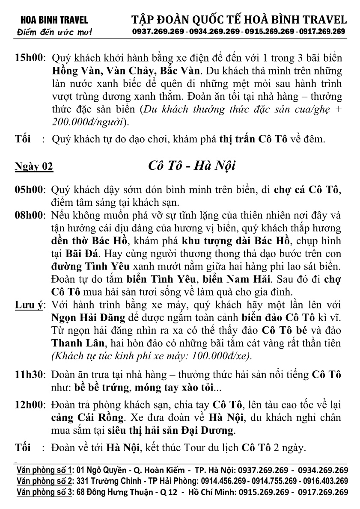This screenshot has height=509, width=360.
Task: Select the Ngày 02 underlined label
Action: click(x=34, y=166)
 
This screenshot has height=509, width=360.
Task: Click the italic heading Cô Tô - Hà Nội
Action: click(x=191, y=166)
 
